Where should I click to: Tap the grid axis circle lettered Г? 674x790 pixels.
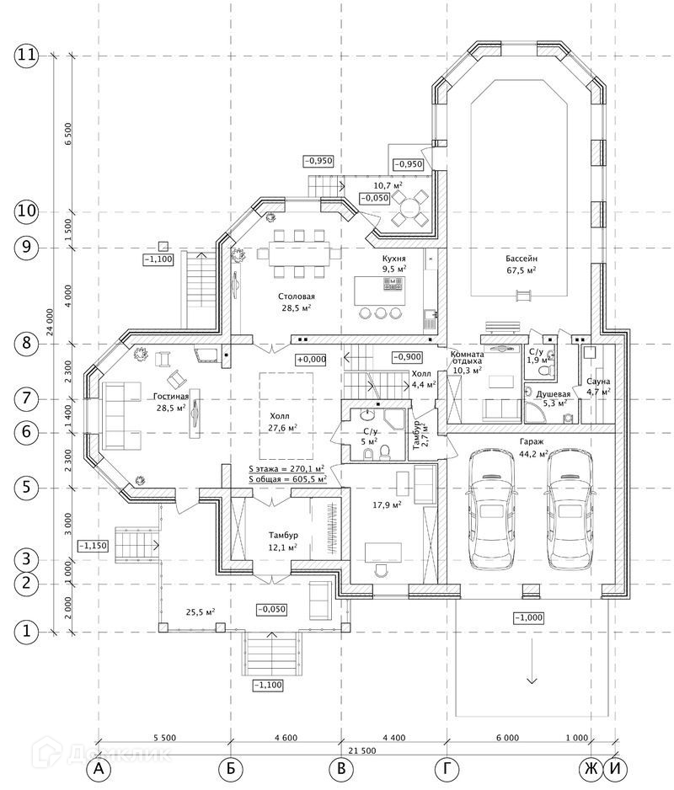(x=447, y=769)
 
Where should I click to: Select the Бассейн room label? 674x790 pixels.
(x=522, y=259)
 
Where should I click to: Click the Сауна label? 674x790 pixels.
(x=598, y=382)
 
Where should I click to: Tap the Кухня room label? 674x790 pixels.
(x=393, y=259)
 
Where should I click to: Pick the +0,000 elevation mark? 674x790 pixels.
(x=312, y=360)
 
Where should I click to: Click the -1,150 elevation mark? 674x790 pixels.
(x=94, y=546)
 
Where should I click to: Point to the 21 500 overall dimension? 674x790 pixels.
(x=362, y=750)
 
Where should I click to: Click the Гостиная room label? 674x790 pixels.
(x=171, y=397)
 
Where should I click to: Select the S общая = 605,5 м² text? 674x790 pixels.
(x=287, y=479)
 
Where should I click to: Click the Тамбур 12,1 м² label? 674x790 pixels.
(x=283, y=541)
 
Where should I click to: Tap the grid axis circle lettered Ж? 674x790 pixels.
(x=591, y=769)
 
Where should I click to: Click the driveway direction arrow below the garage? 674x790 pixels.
(x=532, y=660)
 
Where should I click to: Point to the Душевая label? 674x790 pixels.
(x=553, y=394)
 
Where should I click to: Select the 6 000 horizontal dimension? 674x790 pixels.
(x=507, y=738)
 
